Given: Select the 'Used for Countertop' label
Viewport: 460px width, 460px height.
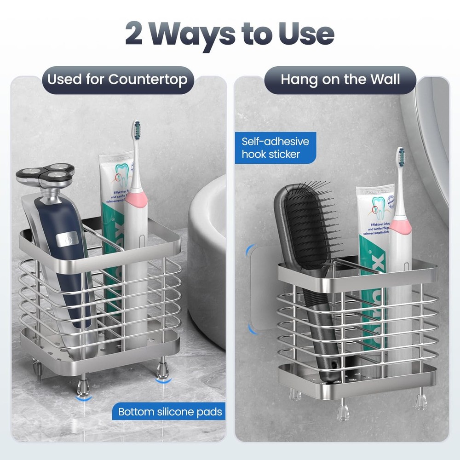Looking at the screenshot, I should (117, 80).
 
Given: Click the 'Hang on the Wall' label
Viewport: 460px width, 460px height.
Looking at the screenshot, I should (340, 80).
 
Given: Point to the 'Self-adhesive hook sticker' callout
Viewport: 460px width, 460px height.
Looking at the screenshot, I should (276, 147).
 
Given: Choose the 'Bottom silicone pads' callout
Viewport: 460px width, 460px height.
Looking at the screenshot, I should (170, 412).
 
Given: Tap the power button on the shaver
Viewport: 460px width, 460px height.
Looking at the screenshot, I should (68, 239).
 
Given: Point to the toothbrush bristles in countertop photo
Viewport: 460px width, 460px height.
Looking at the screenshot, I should (136, 131).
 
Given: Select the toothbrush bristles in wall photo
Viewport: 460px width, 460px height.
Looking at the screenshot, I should (401, 158).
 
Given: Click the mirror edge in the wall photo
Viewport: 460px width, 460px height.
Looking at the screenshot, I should (425, 138).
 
